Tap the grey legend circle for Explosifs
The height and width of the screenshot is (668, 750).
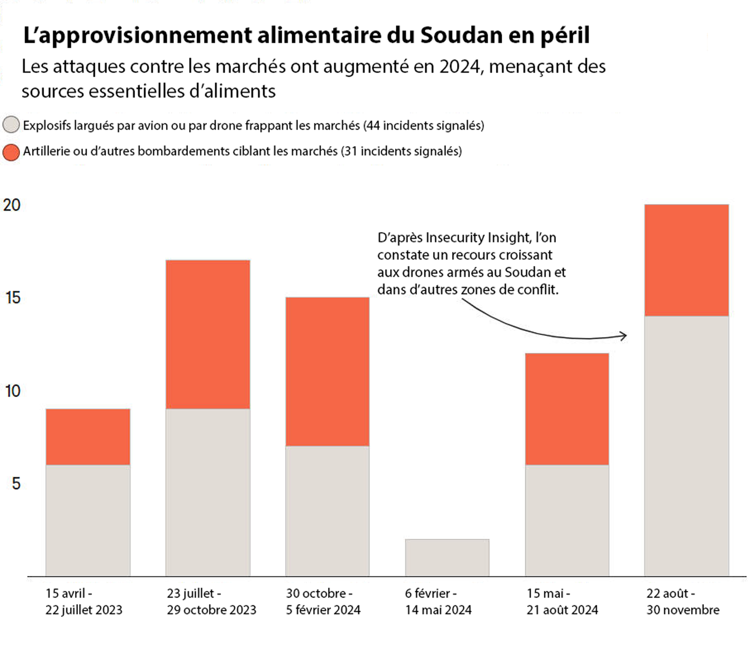[11, 125]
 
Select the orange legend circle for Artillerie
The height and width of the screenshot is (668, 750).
[11, 152]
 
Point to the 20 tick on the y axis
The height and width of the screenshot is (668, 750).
[12, 205]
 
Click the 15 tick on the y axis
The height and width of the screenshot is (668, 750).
[13, 298]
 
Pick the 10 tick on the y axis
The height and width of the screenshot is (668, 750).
[13, 391]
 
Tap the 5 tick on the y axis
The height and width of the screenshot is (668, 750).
[16, 484]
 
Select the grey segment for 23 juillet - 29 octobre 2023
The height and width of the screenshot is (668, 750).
[208, 493]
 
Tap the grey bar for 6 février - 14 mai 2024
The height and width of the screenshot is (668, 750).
[447, 558]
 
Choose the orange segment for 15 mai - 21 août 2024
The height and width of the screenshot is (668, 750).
[567, 409]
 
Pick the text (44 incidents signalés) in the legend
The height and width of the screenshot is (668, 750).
[424, 125]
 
